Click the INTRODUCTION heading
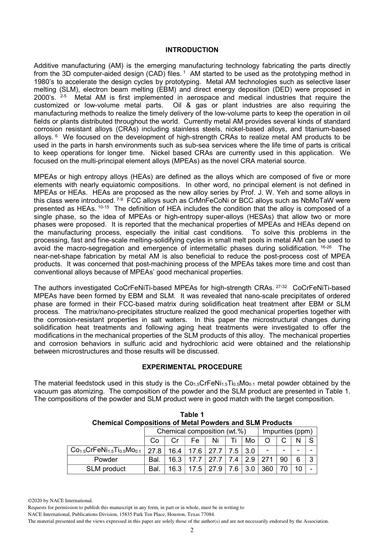[192, 50]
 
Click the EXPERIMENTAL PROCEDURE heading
[192, 367]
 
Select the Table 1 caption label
[192, 415]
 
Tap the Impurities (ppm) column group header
[287, 431]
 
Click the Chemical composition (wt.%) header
[201, 431]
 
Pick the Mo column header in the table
[250, 441]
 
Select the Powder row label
[105, 460]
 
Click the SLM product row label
[105, 469]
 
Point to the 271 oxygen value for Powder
[267, 460]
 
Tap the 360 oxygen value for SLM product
[267, 469]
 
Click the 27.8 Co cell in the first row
[154, 450]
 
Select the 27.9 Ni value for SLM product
[215, 469]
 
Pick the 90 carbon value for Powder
[284, 460]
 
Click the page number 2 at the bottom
[192, 530]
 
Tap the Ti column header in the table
[234, 441]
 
